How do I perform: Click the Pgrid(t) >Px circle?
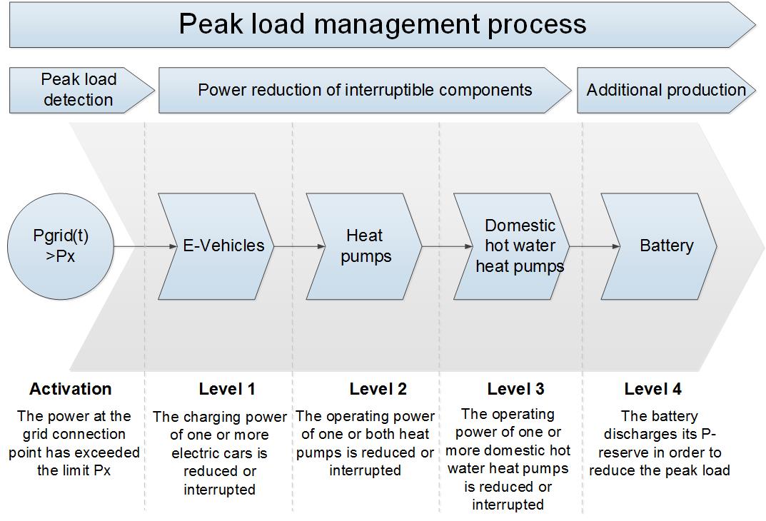(x=61, y=247)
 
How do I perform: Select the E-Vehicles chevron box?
(x=216, y=247)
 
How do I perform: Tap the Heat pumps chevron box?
(x=364, y=247)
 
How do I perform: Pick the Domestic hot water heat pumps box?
(x=511, y=247)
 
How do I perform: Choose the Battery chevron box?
(x=659, y=247)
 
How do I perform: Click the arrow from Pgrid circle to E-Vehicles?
(x=145, y=247)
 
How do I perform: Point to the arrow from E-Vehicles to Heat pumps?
(x=299, y=247)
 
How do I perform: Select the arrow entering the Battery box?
(x=595, y=247)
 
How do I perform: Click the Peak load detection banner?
(x=82, y=91)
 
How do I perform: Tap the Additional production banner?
(x=666, y=91)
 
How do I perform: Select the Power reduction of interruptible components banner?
(x=365, y=91)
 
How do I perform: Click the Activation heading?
(x=71, y=389)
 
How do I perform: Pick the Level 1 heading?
(x=227, y=389)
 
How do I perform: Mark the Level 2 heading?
(x=378, y=389)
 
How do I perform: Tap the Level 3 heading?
(x=516, y=389)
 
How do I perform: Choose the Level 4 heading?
(x=652, y=389)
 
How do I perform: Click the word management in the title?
(x=397, y=24)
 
